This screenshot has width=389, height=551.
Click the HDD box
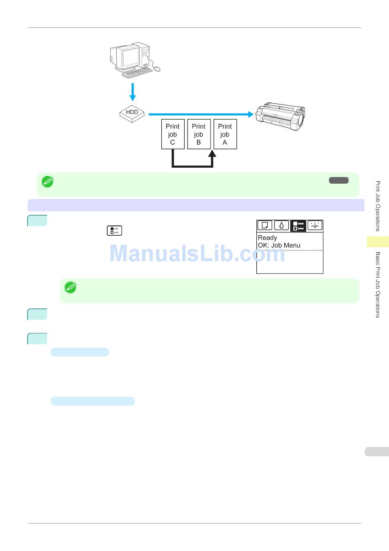(x=132, y=113)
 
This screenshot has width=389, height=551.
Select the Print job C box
(x=172, y=134)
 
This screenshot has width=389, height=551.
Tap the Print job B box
(x=199, y=134)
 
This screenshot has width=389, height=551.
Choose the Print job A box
(x=225, y=134)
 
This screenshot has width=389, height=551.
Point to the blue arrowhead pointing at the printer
(x=251, y=114)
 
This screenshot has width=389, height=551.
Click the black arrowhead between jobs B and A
(x=212, y=154)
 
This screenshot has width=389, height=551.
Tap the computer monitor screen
(x=130, y=56)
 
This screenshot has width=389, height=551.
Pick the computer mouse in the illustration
(x=156, y=69)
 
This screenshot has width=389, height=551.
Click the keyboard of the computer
(x=137, y=73)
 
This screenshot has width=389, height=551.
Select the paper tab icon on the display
(x=265, y=225)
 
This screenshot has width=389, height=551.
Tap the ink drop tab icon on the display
(x=281, y=225)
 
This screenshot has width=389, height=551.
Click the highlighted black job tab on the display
(x=298, y=226)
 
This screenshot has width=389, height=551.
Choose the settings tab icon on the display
(x=315, y=225)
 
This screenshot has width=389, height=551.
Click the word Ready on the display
(x=267, y=238)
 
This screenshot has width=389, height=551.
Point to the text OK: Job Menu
(x=279, y=245)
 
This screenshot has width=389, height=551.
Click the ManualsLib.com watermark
(x=197, y=254)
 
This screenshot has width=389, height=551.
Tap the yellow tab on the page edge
(x=378, y=242)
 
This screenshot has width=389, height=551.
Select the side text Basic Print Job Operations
(x=378, y=285)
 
